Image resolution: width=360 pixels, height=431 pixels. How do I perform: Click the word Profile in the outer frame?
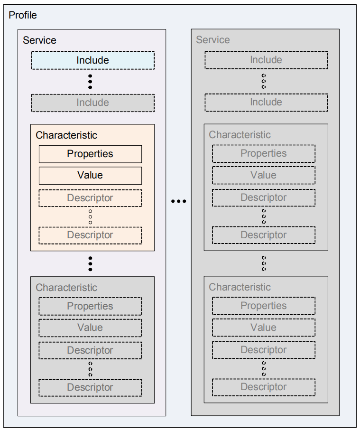tap(23, 15)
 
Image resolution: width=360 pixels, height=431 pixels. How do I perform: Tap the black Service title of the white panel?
tap(39, 40)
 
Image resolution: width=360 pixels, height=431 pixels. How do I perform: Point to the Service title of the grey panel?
tap(212, 40)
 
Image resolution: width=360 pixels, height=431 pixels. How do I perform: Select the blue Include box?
tap(92, 60)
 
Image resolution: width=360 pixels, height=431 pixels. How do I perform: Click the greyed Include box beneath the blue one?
tap(92, 103)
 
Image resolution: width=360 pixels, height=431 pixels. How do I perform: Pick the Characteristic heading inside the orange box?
tap(66, 135)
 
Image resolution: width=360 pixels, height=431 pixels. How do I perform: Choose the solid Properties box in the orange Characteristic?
tap(90, 154)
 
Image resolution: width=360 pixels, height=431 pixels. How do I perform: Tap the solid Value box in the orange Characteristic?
tap(90, 175)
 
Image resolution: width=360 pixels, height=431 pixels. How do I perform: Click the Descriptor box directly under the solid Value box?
tap(90, 198)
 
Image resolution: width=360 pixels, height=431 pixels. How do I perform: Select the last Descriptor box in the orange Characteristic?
tap(90, 235)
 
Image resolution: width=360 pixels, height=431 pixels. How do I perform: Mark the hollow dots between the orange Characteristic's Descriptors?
tap(90, 216)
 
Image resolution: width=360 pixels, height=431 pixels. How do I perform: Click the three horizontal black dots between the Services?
tap(178, 201)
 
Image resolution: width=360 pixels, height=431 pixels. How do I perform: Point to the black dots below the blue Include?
tap(90, 81)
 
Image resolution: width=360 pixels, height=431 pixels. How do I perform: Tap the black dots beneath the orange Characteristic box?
tap(90, 263)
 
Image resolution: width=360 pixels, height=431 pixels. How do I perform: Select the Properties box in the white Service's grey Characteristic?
tap(90, 306)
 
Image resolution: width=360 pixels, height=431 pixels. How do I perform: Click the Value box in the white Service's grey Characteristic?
tap(90, 328)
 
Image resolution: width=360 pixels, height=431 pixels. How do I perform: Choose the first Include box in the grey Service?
tap(266, 60)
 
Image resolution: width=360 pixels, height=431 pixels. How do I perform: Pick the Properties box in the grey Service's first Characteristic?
tap(263, 153)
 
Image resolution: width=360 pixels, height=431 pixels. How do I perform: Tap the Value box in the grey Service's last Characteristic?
tap(263, 327)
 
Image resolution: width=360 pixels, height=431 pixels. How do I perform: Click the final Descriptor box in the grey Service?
tap(263, 387)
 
